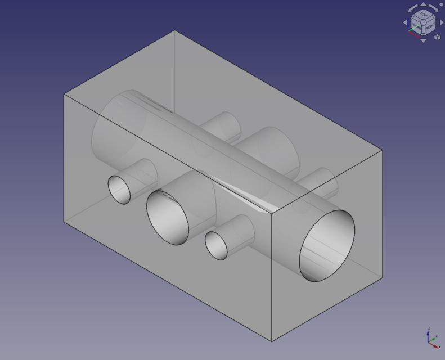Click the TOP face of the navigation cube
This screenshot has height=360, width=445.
[x=421, y=16]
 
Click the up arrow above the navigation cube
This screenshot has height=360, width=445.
[x=422, y=5]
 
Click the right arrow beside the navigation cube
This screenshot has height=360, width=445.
[x=440, y=22]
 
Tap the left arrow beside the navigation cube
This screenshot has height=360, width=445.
[x=404, y=22]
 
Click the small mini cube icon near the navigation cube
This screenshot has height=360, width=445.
[x=437, y=37]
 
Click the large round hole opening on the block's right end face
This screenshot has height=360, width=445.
[x=327, y=246]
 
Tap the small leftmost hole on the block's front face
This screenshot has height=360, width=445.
[x=119, y=189]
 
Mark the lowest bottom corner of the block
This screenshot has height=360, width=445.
[x=272, y=341]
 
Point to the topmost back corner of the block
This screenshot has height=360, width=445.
[x=175, y=31]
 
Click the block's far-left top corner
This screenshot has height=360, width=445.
[x=64, y=94]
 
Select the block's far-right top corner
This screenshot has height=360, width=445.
[x=383, y=150]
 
